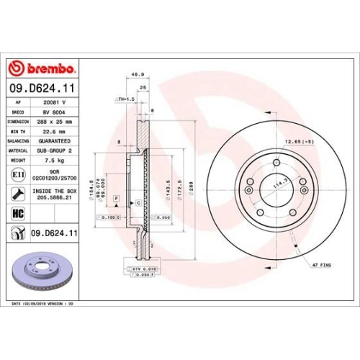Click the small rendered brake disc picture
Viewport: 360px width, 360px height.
39,271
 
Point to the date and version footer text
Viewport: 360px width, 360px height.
43,305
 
